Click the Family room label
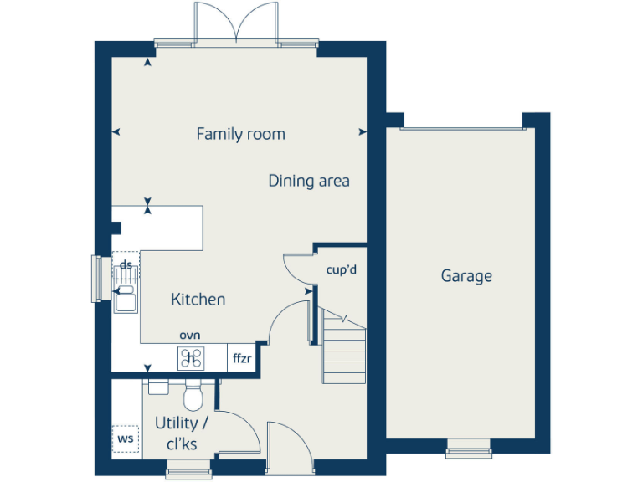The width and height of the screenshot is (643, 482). pos(240,134)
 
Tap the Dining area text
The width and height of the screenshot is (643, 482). pos(309,181)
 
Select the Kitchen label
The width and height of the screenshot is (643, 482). pos(198,299)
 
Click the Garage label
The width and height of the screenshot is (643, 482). pos(466,276)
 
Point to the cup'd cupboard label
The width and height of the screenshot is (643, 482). pos(342,269)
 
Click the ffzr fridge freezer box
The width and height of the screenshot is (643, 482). pos(242,358)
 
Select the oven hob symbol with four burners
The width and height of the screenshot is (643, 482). pos(191,358)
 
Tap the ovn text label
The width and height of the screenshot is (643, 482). pos(189,335)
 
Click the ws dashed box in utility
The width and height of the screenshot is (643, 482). pos(126,438)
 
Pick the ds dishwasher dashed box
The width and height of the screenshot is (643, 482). pos(126,265)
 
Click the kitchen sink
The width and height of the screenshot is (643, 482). pos(126,299)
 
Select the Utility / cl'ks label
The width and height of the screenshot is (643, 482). pos(181,433)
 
